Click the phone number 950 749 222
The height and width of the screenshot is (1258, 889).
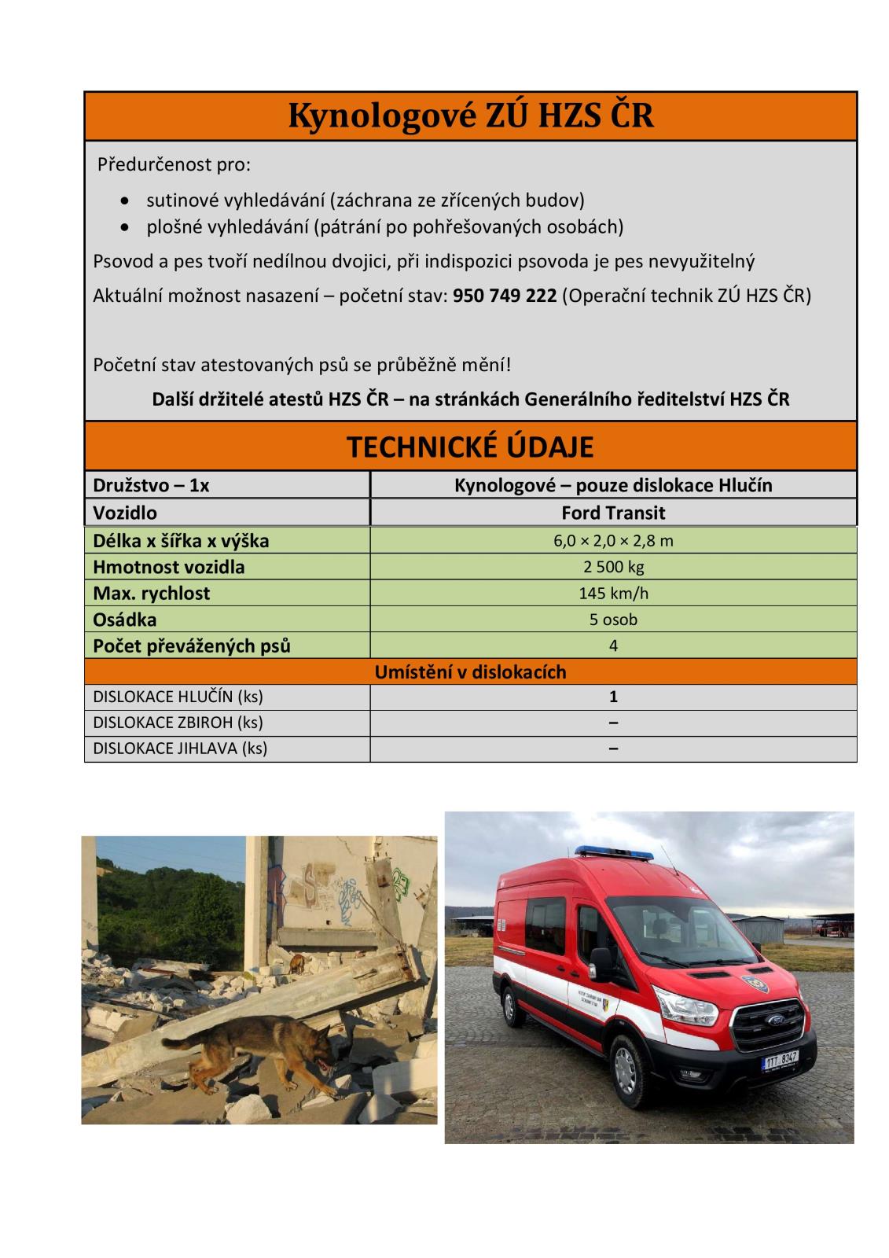coord(505,296)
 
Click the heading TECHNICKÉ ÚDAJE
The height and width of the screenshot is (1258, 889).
coord(470,447)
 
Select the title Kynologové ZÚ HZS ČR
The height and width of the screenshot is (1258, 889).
coord(470,116)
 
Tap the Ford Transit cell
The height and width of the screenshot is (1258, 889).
coord(613,513)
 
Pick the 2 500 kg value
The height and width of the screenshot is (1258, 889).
coord(613,567)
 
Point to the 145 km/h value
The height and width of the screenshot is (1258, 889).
coord(613,593)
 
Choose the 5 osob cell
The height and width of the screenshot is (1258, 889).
coord(613,620)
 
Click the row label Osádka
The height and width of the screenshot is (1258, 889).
coord(125,620)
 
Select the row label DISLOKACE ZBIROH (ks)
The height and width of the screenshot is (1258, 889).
coord(178,722)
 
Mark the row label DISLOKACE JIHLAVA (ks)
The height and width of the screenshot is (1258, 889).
coord(180,748)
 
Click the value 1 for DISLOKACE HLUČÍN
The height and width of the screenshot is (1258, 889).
coord(613,697)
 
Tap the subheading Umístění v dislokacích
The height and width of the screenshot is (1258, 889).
coord(470,672)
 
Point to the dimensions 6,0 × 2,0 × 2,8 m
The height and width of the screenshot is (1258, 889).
coord(613,540)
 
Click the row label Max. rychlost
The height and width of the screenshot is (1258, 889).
coord(151,593)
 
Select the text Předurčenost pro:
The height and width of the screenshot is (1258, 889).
coord(174,165)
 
